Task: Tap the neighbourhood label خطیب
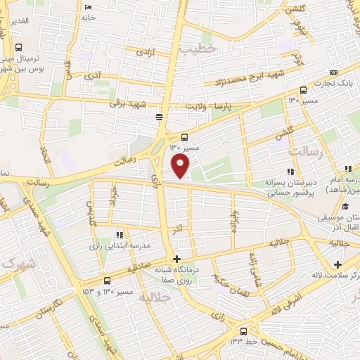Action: click(x=195, y=51)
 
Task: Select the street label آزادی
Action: click(x=144, y=52)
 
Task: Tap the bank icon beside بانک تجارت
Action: click(x=333, y=73)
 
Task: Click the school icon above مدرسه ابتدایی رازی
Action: click(x=119, y=235)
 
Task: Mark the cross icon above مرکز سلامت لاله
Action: click(x=338, y=265)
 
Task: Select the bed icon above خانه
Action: click(x=87, y=8)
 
